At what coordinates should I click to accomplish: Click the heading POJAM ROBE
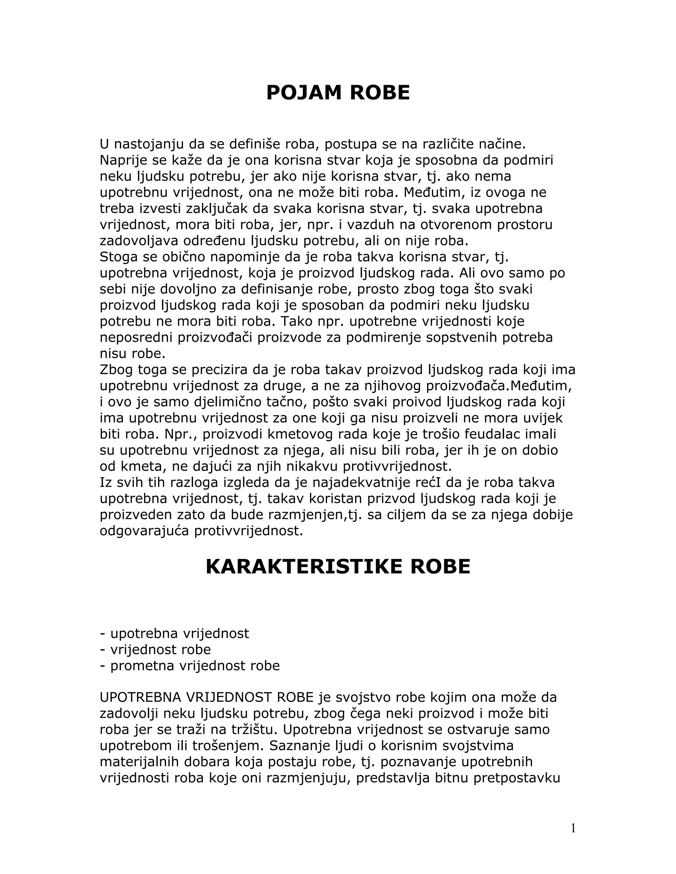338,93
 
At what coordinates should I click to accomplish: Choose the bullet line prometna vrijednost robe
190,666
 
